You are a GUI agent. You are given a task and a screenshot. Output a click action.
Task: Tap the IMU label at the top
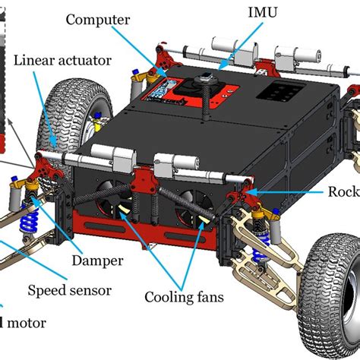point(262,13)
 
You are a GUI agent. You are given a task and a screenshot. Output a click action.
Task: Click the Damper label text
point(97,261)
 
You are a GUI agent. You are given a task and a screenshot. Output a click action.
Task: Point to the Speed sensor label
point(69,290)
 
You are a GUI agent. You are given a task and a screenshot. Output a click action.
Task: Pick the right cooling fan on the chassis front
point(194,209)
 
